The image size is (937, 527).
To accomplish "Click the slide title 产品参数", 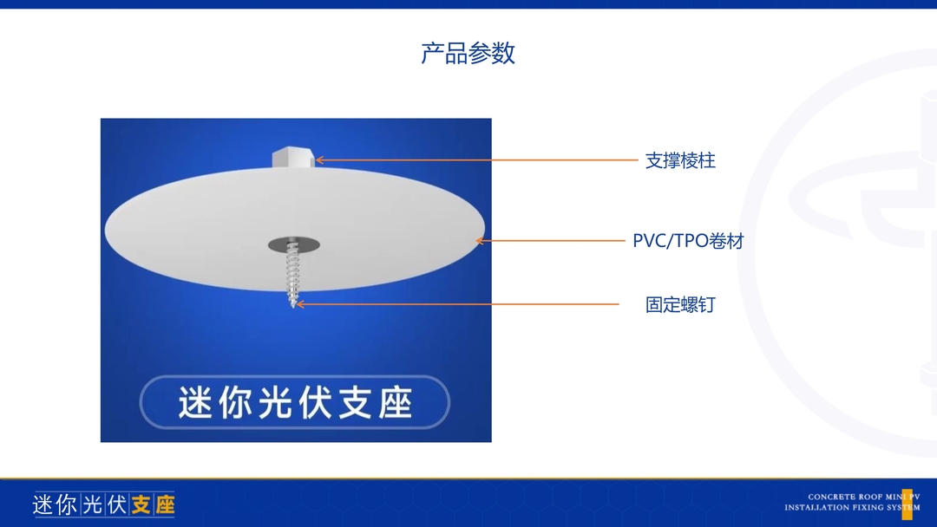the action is [x=468, y=53].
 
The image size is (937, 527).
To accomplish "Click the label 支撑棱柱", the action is [x=680, y=160].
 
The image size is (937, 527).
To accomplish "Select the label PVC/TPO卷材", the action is [x=688, y=241].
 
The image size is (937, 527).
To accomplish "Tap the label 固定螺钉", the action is [x=680, y=305].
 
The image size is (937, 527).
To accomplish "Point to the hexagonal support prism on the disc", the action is [x=293, y=158].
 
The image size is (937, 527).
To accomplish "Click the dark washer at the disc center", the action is [x=293, y=244].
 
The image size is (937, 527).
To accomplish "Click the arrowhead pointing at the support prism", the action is [x=319, y=160].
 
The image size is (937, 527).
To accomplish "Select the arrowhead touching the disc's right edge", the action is [x=480, y=241].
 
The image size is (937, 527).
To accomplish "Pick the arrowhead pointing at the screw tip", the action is [x=301, y=304].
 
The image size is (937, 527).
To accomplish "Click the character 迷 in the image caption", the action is [x=195, y=403].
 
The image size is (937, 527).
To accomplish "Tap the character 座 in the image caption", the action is [x=395, y=403].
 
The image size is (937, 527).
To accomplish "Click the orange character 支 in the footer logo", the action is [x=141, y=505].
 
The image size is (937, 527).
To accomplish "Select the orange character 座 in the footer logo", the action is [x=164, y=505].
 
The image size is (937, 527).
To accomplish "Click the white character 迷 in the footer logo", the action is [x=43, y=505].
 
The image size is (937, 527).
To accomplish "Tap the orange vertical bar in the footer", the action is [x=908, y=504].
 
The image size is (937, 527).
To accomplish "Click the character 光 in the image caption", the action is [x=276, y=403].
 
